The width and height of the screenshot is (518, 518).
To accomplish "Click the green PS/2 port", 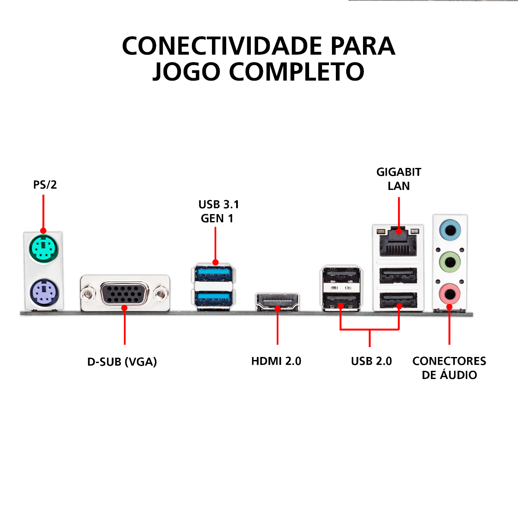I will [x=44, y=249].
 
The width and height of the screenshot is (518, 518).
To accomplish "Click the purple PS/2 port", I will [x=44, y=293].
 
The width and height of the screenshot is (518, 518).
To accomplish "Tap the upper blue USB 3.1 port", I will [x=214, y=273].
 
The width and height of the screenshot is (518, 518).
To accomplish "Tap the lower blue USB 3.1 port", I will [x=214, y=297].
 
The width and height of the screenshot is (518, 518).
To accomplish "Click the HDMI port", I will [x=278, y=301].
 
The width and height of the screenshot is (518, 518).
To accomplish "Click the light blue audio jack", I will [x=450, y=230].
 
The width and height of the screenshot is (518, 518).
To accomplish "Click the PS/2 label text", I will [x=45, y=185].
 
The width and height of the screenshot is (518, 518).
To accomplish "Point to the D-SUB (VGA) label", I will [x=122, y=362].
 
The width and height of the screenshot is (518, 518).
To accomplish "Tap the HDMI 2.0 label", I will [x=276, y=361].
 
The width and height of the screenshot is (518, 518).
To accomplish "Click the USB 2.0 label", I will [x=371, y=361].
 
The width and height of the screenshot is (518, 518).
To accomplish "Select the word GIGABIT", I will [x=398, y=172].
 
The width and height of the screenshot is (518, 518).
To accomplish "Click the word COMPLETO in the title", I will [x=297, y=72].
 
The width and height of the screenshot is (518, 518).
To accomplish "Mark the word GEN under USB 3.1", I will [x=212, y=218].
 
